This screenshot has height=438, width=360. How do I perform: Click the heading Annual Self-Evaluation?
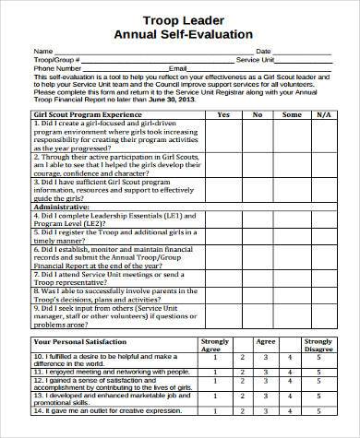click(181, 34)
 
